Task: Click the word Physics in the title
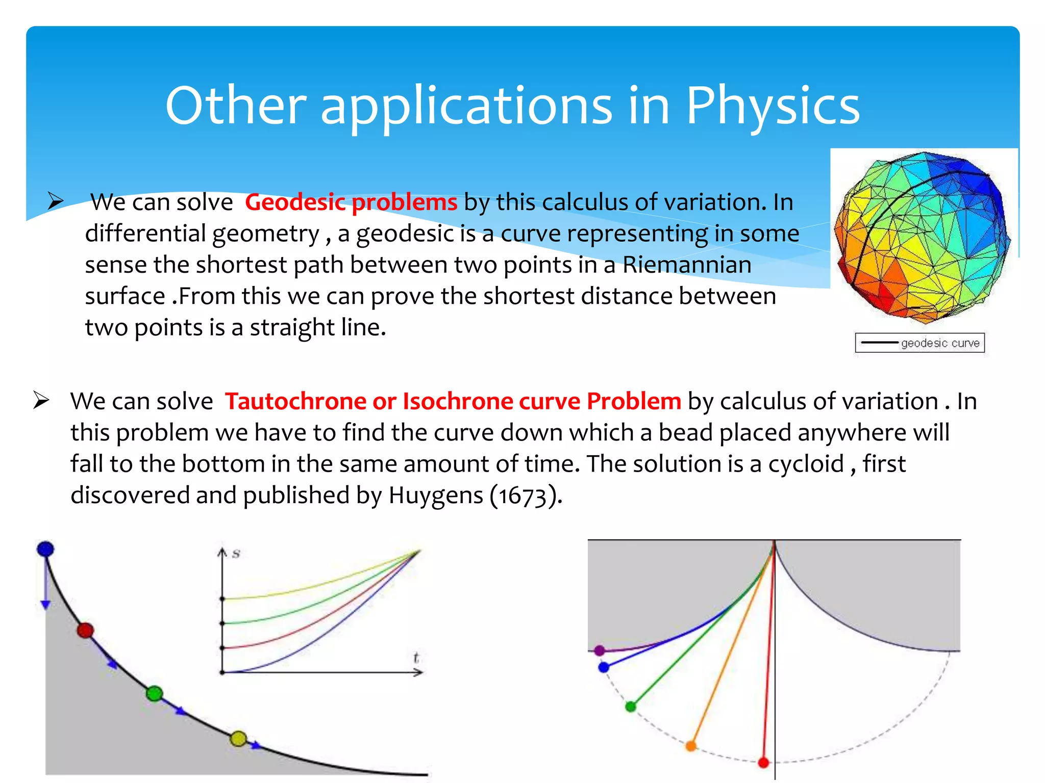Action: click(773, 106)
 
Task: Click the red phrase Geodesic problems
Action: click(351, 202)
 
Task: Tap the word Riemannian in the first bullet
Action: click(686, 265)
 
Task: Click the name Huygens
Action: click(435, 495)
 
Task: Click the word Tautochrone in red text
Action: click(295, 401)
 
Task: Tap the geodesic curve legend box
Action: click(919, 343)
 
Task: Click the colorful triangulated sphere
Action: click(922, 237)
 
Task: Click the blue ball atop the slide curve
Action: click(45, 549)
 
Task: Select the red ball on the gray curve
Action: click(85, 631)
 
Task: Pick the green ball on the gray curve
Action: click(154, 694)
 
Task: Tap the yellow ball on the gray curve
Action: click(238, 739)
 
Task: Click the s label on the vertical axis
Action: click(236, 554)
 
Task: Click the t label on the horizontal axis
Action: click(416, 658)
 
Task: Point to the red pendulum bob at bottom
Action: click(763, 763)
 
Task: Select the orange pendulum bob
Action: click(691, 746)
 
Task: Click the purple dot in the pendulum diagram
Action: click(600, 650)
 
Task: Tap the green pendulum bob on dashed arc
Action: click(631, 707)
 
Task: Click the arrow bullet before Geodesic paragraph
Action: click(55, 201)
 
